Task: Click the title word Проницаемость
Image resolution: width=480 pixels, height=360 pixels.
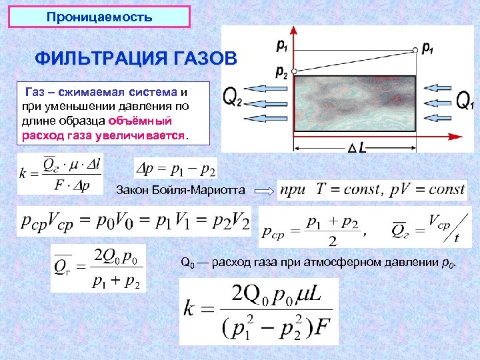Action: point(100,16)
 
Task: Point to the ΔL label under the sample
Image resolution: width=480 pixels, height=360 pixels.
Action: point(357,148)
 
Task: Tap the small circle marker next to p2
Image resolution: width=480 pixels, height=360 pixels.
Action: point(293,70)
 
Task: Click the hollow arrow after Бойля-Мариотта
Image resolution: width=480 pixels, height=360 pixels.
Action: point(265,191)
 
